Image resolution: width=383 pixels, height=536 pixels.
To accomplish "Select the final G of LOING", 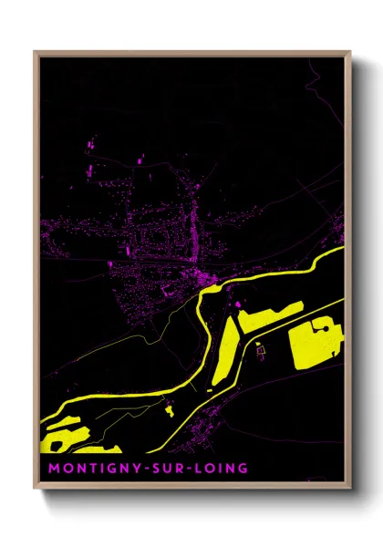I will pos(242,468).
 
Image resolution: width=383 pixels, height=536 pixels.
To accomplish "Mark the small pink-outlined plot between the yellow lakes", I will pos(260,348).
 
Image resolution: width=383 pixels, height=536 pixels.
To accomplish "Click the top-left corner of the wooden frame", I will pos(35,52).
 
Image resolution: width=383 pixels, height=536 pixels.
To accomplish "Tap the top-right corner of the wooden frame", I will pos(350,52).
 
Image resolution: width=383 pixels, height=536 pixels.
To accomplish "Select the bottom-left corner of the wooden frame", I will pos(35,488).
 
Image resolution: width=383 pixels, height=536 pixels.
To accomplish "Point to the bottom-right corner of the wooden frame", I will pos(350,488).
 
